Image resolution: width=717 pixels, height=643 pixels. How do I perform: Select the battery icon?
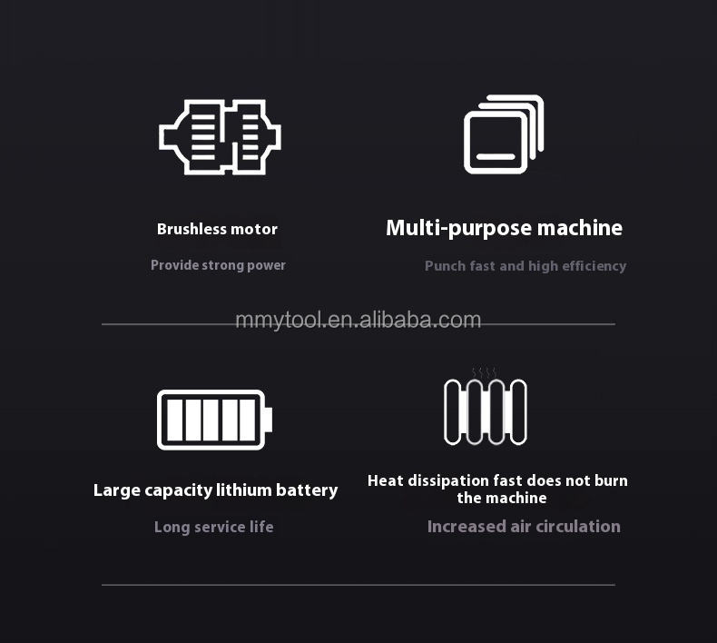point(214,420)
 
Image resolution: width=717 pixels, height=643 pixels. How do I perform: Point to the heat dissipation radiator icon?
point(486,412)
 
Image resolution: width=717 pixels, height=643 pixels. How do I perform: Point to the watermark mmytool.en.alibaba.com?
point(358,320)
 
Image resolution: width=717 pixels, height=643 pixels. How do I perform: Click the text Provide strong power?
point(218,265)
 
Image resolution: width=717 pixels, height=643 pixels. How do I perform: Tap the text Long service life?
point(213,527)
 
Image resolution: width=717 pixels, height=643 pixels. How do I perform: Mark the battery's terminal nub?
point(269,420)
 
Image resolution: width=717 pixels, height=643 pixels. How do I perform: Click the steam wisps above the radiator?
point(485,372)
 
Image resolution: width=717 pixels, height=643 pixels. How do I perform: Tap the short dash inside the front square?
point(496,156)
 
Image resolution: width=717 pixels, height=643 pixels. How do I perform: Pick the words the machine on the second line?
point(502,498)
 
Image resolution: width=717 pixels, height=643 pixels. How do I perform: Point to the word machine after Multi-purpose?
point(580,228)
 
